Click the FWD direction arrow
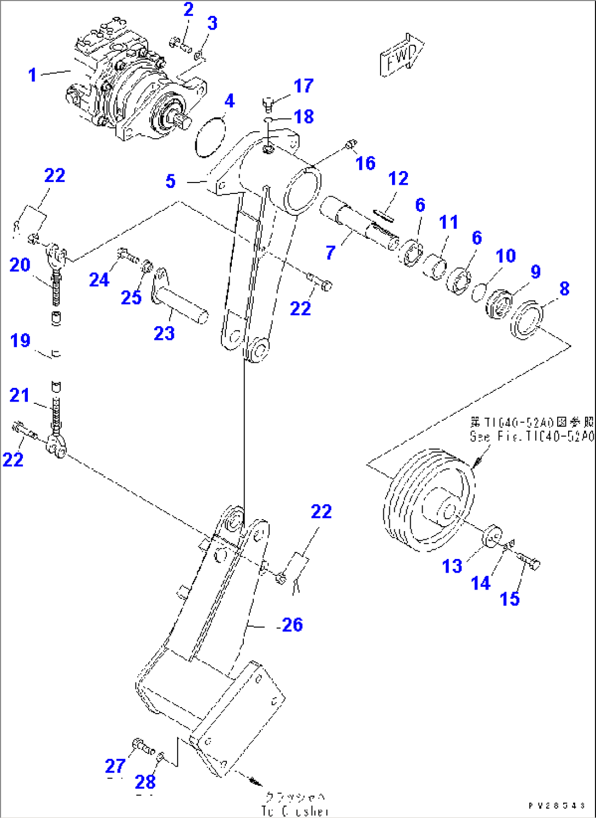402,56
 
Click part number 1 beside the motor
33,74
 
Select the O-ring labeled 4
210,136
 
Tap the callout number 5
171,181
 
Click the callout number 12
398,179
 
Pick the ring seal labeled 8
527,320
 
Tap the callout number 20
20,265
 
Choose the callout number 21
20,395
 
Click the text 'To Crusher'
295,811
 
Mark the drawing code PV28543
557,805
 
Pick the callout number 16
365,163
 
